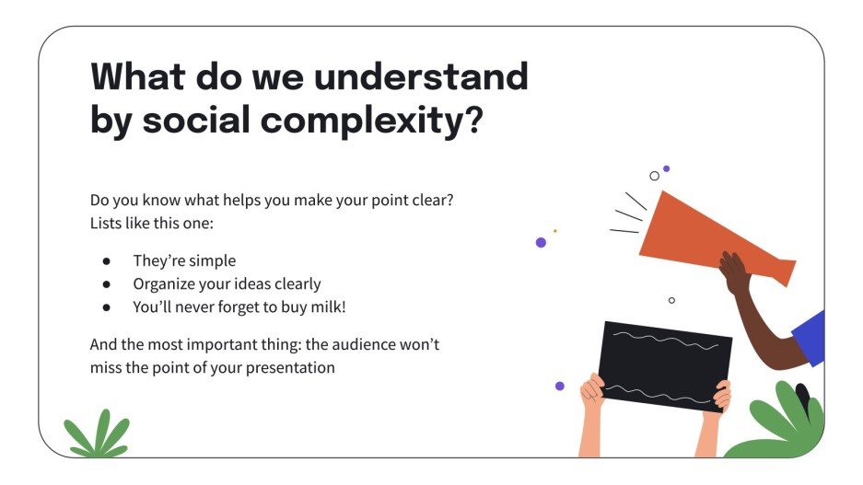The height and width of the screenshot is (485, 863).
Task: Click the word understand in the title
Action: [x=421, y=77]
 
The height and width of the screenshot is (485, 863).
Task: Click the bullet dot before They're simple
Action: [x=107, y=261]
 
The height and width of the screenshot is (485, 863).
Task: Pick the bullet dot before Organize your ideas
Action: [x=107, y=284]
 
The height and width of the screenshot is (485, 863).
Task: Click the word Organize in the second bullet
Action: [x=164, y=284]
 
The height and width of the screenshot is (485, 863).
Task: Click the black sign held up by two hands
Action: [x=664, y=365]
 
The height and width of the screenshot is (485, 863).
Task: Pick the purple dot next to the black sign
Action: [x=559, y=386]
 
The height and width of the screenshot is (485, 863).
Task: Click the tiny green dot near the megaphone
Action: [x=554, y=230]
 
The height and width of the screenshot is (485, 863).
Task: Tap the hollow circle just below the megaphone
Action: [x=671, y=300]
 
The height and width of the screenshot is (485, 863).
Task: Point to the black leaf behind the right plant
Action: [x=803, y=398]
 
